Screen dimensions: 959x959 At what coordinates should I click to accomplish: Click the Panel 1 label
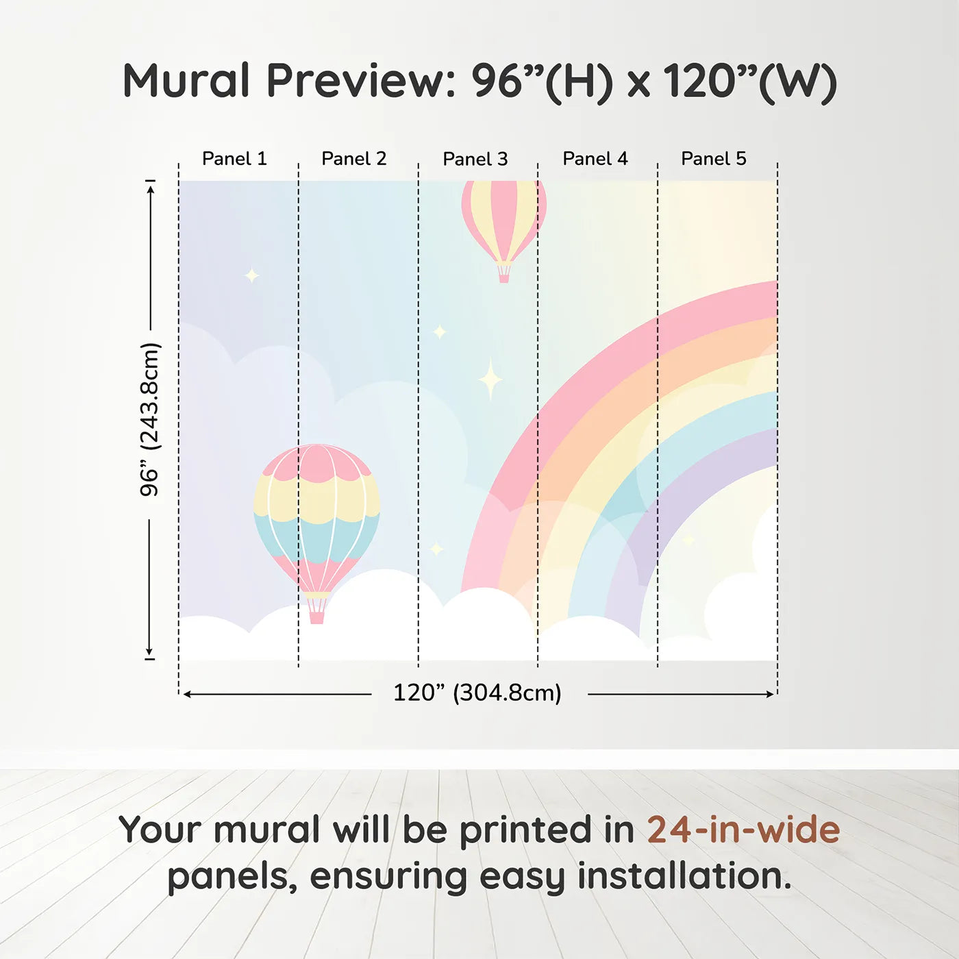[x=234, y=159]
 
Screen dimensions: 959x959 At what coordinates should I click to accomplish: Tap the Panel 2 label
[x=354, y=159]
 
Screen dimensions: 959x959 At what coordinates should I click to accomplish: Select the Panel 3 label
[x=475, y=159]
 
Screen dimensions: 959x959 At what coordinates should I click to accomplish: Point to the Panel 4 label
[x=595, y=159]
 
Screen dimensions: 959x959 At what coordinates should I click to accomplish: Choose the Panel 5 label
[x=714, y=159]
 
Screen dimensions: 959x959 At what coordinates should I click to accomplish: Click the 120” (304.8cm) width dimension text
[x=477, y=693]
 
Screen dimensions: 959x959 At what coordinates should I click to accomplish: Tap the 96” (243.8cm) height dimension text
[x=149, y=419]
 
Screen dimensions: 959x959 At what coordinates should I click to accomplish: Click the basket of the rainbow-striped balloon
[x=316, y=611]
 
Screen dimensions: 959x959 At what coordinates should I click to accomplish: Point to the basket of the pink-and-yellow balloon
[x=503, y=273]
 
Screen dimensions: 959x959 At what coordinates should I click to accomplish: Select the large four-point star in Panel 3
[x=490, y=379]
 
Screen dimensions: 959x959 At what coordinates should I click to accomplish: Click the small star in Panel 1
[x=252, y=275]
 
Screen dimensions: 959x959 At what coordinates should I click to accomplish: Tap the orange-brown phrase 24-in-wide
[x=743, y=830]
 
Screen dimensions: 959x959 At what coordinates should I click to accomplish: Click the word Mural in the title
[x=186, y=81]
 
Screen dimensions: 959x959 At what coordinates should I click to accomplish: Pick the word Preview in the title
[x=361, y=81]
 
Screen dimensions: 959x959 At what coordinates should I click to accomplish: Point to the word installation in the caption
[x=684, y=876]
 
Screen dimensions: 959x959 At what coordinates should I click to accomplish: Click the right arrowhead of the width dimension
[x=771, y=694]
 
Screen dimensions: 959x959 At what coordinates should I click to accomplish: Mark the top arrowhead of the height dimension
[x=151, y=188]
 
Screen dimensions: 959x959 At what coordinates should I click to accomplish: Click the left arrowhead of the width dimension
[x=187, y=694]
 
